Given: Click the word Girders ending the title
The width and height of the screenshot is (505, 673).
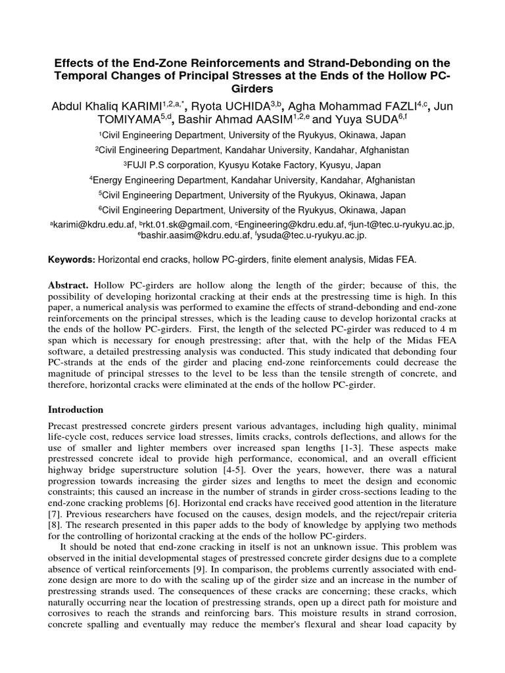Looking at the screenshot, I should point(252,89).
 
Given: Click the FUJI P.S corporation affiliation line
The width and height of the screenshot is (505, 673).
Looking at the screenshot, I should point(252,165).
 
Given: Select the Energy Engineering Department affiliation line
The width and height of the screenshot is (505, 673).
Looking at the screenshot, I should point(252,180).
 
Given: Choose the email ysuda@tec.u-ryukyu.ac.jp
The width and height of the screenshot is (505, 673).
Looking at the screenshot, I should point(314,235).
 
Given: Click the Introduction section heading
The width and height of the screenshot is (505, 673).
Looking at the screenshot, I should point(76,409).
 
